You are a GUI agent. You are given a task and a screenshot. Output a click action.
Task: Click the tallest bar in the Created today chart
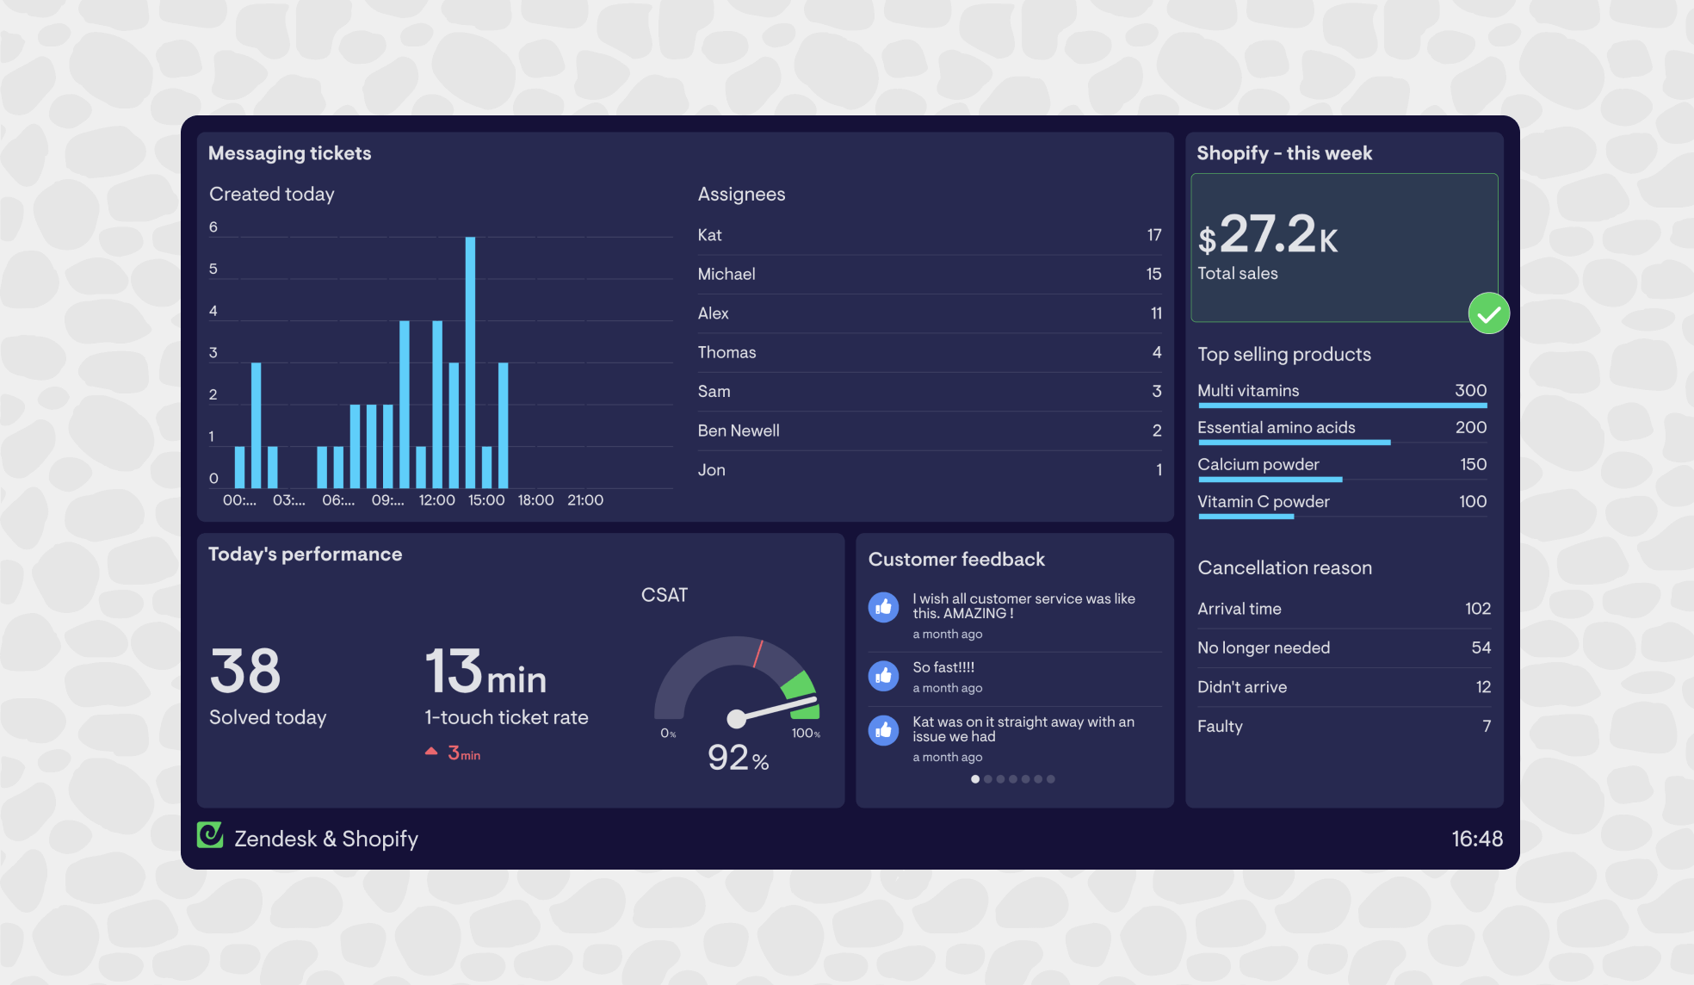point(470,362)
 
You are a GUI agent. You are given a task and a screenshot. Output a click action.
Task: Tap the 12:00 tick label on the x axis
point(436,500)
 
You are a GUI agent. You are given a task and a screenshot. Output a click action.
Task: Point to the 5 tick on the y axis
point(213,269)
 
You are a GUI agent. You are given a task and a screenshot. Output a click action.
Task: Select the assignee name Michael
point(726,275)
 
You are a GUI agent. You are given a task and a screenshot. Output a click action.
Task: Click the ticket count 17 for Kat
point(1153,235)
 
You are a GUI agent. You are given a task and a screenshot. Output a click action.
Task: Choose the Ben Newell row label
point(739,431)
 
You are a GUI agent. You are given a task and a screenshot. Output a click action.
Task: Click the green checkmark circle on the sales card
point(1488,313)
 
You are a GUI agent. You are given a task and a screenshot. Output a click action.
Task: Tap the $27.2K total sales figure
point(1268,235)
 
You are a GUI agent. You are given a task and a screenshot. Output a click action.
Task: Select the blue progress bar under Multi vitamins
point(1342,406)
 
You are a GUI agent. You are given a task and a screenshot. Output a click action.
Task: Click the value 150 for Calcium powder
point(1473,465)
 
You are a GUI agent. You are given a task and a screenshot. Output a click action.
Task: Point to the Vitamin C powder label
point(1263,502)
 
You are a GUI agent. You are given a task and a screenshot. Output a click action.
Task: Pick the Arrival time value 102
point(1477,609)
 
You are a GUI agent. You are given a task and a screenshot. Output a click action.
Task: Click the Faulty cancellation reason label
point(1220,727)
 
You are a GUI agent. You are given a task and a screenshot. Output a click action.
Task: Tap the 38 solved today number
point(245,672)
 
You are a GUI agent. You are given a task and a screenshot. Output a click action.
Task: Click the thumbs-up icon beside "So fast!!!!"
point(883,676)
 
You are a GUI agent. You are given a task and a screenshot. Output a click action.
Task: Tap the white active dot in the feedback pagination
point(975,779)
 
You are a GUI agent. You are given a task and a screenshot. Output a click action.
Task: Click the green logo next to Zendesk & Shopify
point(210,835)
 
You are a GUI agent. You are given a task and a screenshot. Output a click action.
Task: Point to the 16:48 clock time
point(1476,839)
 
